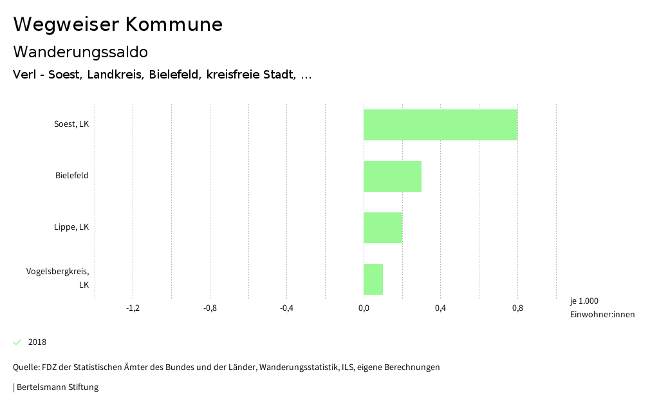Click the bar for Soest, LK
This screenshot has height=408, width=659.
coord(440,125)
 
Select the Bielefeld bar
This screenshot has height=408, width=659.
coord(393,176)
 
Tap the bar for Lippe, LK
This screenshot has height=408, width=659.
coord(383,228)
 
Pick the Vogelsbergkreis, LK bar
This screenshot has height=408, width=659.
coord(373,279)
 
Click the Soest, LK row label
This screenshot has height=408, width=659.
coord(71,124)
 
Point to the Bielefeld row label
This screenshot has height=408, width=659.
coord(72,176)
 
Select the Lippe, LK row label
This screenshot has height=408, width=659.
coord(71,227)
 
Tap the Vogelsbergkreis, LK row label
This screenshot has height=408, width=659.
coord(58,277)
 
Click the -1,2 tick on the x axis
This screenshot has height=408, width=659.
coord(133,308)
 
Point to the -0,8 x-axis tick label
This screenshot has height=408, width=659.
coord(210,308)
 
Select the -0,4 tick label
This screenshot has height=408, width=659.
coord(286,308)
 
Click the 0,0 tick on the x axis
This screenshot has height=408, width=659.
coord(364,308)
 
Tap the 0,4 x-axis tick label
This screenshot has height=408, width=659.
coord(440,308)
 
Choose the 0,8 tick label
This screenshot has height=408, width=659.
coord(517,308)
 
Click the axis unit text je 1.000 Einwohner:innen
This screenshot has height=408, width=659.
coord(602,308)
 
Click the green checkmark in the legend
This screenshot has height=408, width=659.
coord(17,342)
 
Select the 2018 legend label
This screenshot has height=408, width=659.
coord(37,342)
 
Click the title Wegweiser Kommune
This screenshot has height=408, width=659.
coord(118,24)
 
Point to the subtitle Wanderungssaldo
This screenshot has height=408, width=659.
coord(80,51)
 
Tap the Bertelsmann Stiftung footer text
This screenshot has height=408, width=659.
coord(57,387)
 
